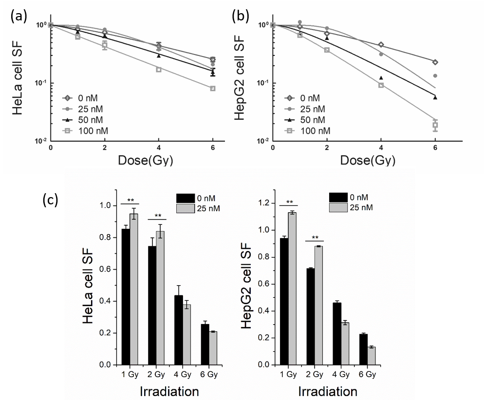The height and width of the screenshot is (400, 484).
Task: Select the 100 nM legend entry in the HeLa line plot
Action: [87, 130]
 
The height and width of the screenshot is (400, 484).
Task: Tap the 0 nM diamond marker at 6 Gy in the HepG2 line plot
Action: [435, 62]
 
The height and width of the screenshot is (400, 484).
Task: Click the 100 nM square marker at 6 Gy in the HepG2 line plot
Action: [435, 125]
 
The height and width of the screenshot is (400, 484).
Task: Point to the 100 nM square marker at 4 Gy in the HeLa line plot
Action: [159, 70]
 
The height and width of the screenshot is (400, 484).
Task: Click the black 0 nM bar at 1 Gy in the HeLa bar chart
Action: [126, 297]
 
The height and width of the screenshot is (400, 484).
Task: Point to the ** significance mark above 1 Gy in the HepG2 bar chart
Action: [289, 202]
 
